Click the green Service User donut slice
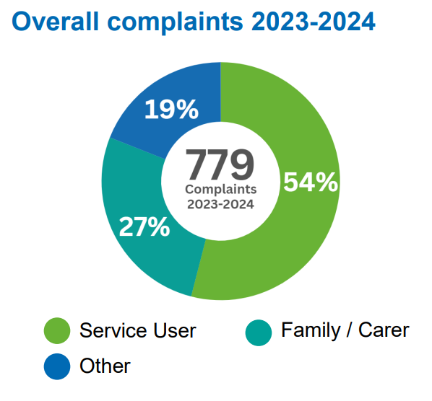(x=289, y=238)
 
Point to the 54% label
(x=310, y=182)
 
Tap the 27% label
(x=144, y=227)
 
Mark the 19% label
(x=171, y=110)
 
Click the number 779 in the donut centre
(x=220, y=164)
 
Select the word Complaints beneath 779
(x=220, y=189)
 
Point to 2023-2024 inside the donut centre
(x=220, y=204)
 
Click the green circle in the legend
(x=57, y=331)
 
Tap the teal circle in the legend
(x=258, y=331)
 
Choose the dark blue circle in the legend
(x=57, y=366)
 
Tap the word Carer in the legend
(x=384, y=330)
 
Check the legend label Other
(x=105, y=366)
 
